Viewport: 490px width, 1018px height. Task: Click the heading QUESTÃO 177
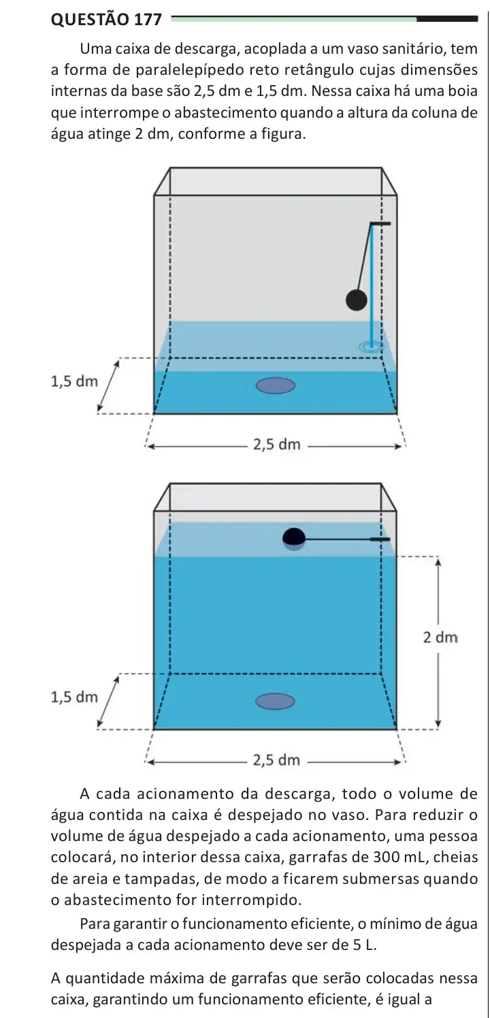click(x=106, y=19)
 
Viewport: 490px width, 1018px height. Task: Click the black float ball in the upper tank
click(x=357, y=300)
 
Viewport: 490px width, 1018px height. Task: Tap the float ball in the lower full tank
click(x=293, y=538)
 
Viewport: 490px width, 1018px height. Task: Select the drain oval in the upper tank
click(x=276, y=386)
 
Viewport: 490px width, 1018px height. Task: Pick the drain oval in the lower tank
click(x=276, y=702)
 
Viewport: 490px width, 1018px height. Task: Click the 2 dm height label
click(x=440, y=638)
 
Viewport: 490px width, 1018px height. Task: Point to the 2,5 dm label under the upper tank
click(x=277, y=444)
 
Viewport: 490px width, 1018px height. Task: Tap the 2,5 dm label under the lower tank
click(x=277, y=759)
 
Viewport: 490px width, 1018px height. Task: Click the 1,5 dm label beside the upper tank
click(x=75, y=381)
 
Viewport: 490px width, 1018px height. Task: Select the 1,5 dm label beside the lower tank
click(x=75, y=697)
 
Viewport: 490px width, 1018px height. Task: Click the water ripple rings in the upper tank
click(x=371, y=347)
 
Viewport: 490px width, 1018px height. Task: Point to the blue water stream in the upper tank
click(x=372, y=286)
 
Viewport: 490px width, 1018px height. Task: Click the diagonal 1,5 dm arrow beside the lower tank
click(x=108, y=702)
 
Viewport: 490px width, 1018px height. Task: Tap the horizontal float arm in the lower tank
click(x=346, y=540)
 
